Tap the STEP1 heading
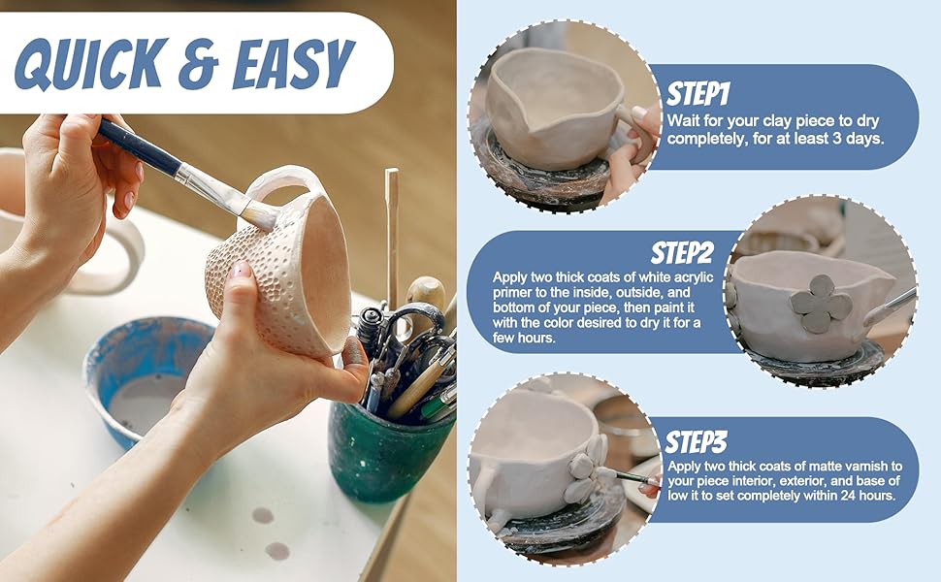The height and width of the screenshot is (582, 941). [697, 94]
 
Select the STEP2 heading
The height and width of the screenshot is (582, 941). [682, 254]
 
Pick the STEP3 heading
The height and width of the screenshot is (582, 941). [696, 442]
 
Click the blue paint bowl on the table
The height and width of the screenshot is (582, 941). [146, 378]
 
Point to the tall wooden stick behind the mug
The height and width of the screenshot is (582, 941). [391, 233]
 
